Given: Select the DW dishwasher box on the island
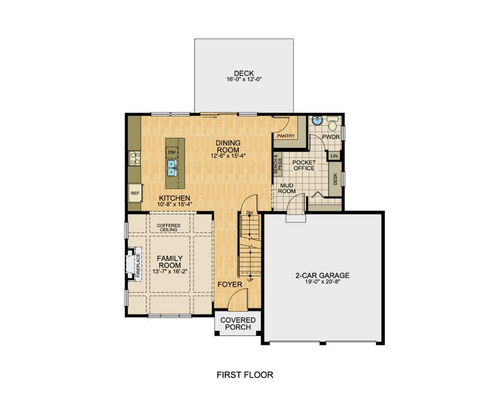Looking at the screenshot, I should [171, 152].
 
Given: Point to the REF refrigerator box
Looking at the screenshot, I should [135, 193].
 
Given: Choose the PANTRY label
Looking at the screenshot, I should [286, 136].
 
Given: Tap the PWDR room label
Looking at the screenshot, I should [331, 137].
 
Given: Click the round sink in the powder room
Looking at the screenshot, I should [316, 120].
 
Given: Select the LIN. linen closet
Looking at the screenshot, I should [334, 156].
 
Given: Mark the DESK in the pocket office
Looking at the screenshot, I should [335, 179].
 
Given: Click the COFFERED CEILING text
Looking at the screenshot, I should [168, 227].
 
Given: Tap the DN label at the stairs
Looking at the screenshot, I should [249, 213].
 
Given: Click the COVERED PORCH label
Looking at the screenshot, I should [238, 323].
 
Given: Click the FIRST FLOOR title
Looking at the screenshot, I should [244, 374].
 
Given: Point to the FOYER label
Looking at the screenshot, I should [230, 285].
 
